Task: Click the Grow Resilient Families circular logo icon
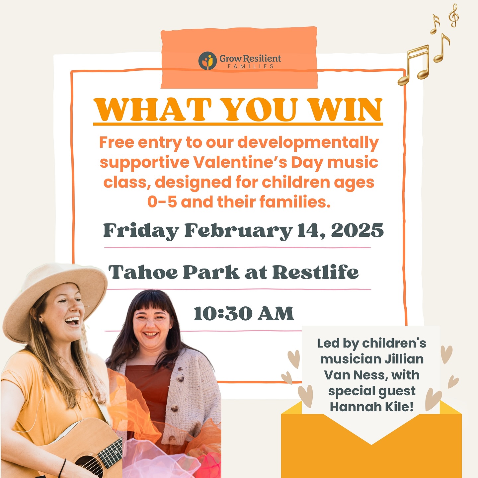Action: (207, 61)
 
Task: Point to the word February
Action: (238, 231)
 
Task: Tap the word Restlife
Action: (315, 272)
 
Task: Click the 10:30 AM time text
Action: (244, 314)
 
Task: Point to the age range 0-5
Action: (162, 202)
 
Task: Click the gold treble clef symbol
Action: (454, 15)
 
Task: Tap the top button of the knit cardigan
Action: (180, 378)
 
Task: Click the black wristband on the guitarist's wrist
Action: (62, 468)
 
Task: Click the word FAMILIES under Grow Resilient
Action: (251, 66)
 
